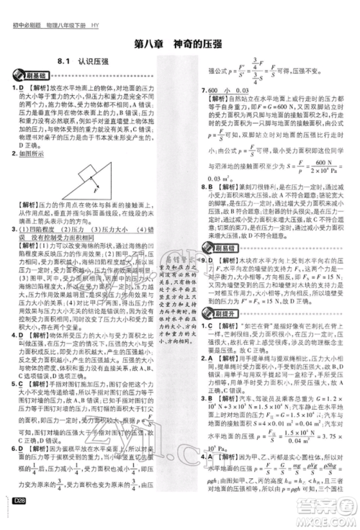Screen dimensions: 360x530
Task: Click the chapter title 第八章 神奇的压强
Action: (x=180, y=42)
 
